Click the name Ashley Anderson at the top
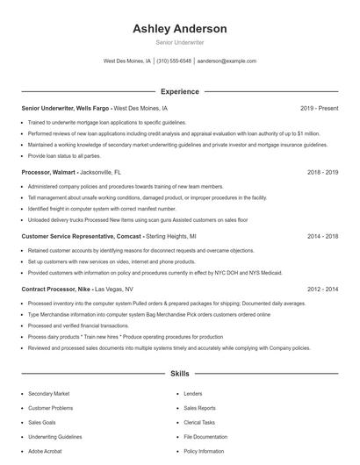coord(179,28)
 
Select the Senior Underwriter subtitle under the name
coord(179,42)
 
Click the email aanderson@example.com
coord(227,61)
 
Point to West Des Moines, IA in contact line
coord(127,61)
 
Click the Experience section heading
coord(179,90)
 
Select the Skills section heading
coord(179,374)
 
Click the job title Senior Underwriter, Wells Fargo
coord(67,108)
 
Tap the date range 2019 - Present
coord(319,108)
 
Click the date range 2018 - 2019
coord(322,173)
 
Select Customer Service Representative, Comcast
coord(82,237)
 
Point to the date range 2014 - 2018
coord(322,237)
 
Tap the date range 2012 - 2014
coord(322,289)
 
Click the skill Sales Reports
coord(199,408)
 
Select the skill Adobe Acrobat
coord(45,450)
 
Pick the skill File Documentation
coord(205,436)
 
